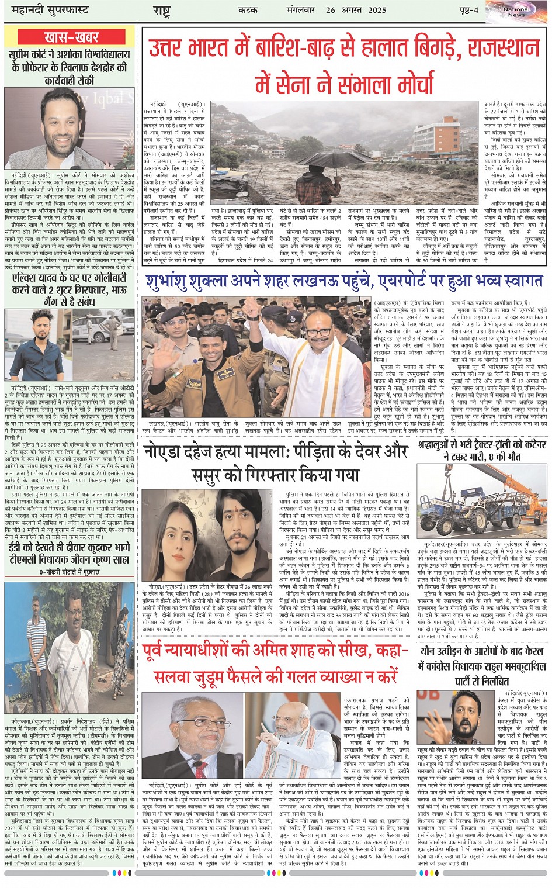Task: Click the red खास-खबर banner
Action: point(71,37)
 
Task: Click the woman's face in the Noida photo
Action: point(172,527)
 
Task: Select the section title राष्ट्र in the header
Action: point(161,11)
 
